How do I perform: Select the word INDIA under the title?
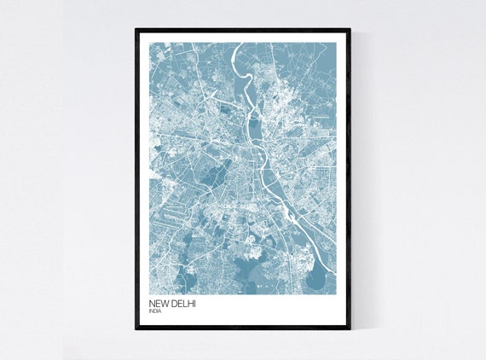153,311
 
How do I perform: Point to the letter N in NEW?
152,304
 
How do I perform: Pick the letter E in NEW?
158,304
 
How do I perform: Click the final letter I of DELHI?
194,304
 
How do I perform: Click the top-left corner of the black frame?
136,29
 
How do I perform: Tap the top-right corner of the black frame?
350,29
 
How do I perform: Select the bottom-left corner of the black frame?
136,329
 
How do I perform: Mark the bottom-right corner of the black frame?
350,329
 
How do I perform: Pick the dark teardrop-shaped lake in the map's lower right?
317,278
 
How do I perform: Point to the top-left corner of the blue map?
149,43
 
